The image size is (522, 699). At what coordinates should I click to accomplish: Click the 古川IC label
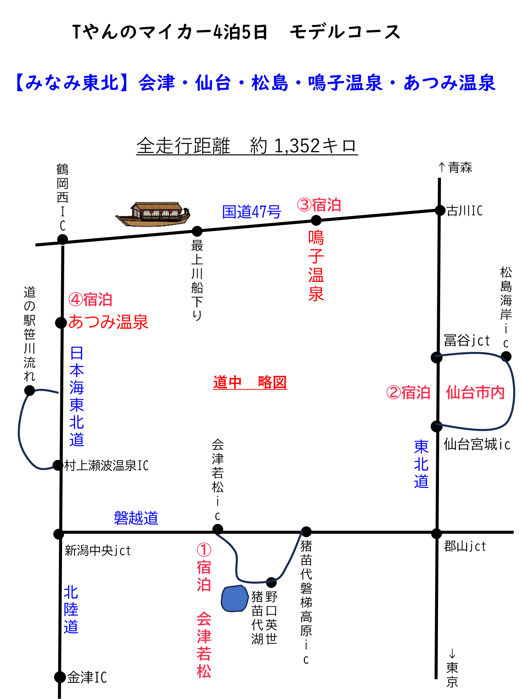coord(465,210)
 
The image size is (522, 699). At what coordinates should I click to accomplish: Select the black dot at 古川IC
coord(440,210)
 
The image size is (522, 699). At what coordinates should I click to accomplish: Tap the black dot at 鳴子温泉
coord(316,220)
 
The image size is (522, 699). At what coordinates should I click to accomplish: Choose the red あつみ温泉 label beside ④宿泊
coord(108,322)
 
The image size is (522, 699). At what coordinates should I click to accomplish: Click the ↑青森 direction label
coord(455,167)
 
